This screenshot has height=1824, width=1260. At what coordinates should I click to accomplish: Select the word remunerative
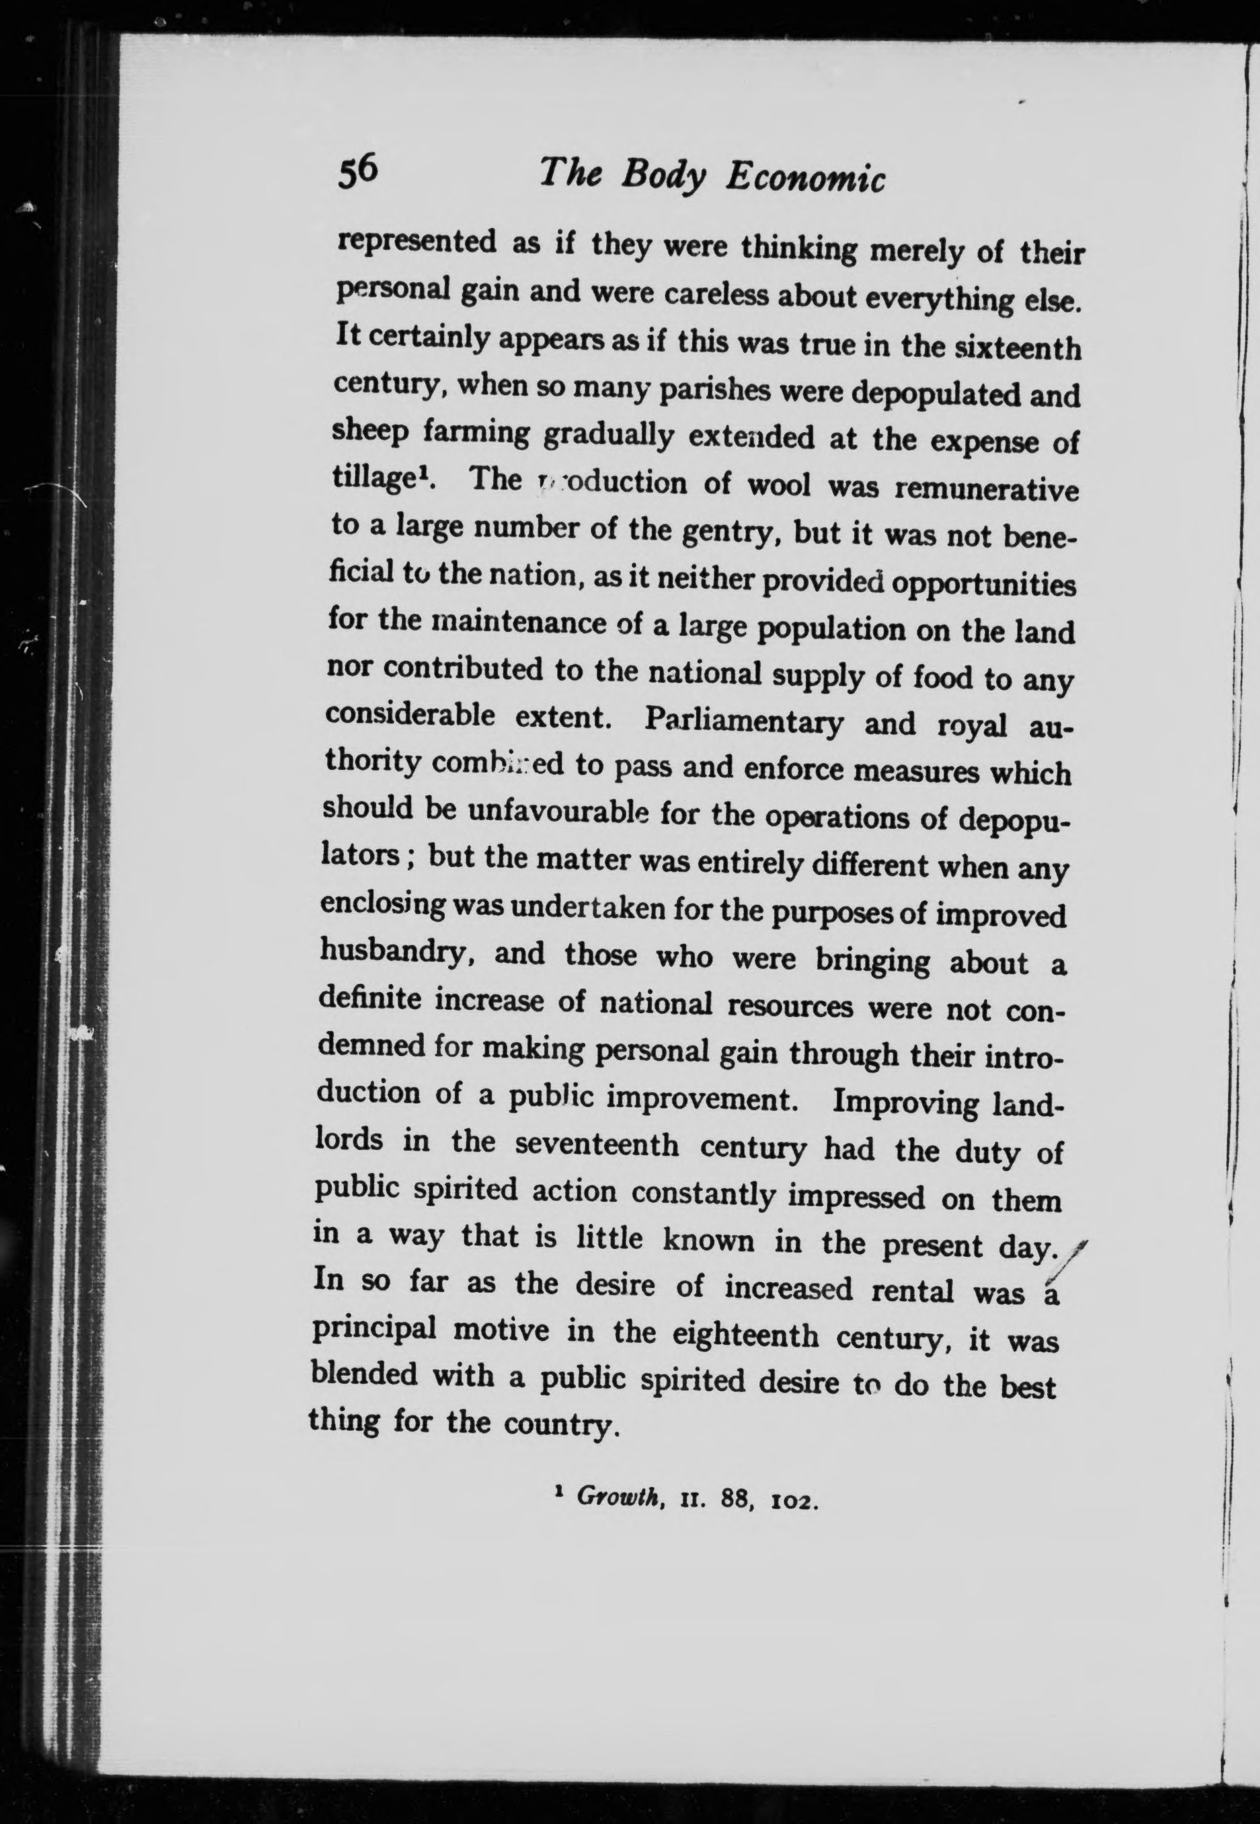click(x=986, y=491)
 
